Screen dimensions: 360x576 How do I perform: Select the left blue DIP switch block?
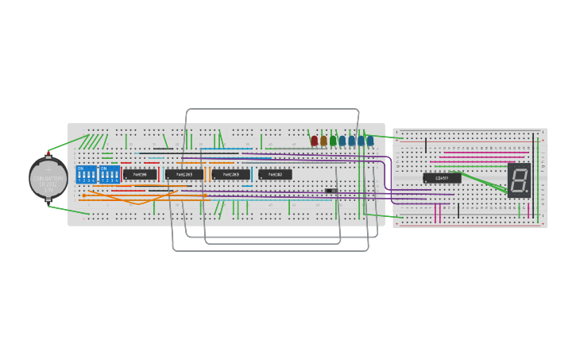coord(86,174)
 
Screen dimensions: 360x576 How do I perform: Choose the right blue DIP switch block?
coord(109,174)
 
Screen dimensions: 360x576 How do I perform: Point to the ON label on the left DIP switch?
coord(80,168)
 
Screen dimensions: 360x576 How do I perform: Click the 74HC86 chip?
coord(140,174)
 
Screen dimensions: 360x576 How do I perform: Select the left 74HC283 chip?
coord(184,174)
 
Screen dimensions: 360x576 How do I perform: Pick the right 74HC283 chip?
coord(230,174)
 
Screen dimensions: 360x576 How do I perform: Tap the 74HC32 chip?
coord(275,174)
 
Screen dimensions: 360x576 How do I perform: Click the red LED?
coord(315,141)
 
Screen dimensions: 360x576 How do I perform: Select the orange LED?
coord(324,141)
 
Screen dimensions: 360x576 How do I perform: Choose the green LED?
coord(334,141)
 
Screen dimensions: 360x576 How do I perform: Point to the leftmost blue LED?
coord(342,141)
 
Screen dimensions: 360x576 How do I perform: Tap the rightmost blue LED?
coord(370,141)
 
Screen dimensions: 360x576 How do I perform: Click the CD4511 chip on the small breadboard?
coord(442,178)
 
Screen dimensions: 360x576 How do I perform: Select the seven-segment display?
coord(519,180)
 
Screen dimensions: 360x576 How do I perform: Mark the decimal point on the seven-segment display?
coord(526,191)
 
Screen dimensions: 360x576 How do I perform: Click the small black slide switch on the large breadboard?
coord(331,191)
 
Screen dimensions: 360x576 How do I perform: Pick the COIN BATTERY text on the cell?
coord(48,179)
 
